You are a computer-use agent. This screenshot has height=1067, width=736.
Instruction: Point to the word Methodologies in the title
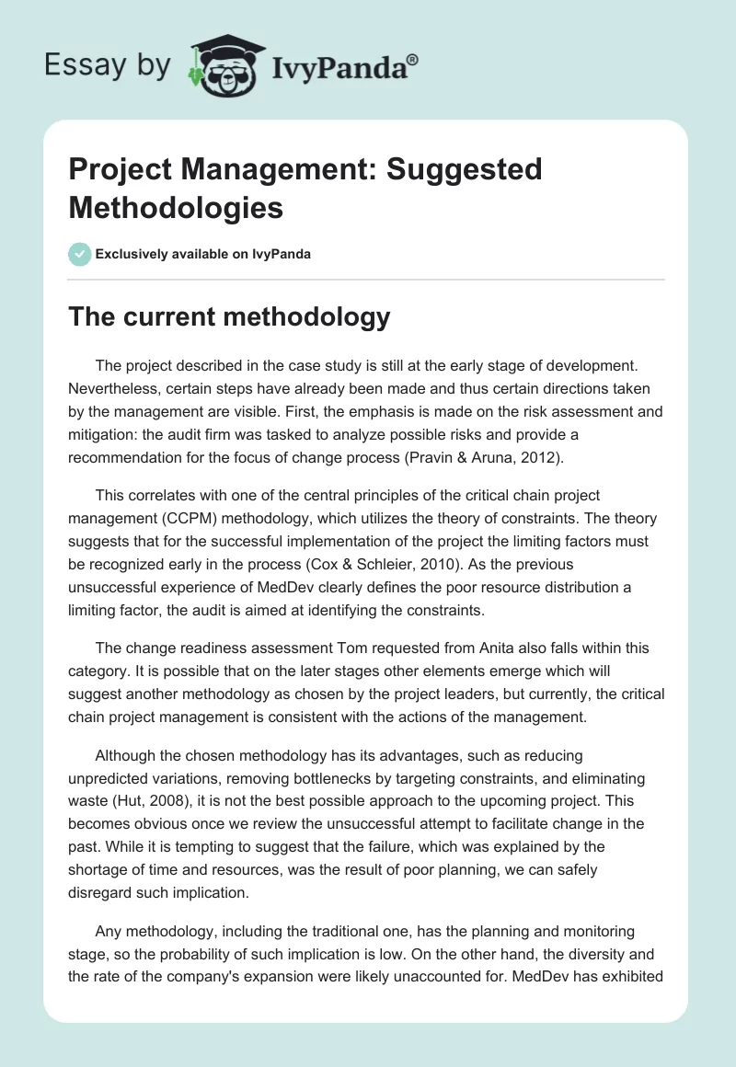tap(176, 207)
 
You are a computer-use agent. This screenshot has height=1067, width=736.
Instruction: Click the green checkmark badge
tap(80, 254)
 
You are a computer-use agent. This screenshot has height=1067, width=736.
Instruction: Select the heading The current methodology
tap(230, 317)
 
